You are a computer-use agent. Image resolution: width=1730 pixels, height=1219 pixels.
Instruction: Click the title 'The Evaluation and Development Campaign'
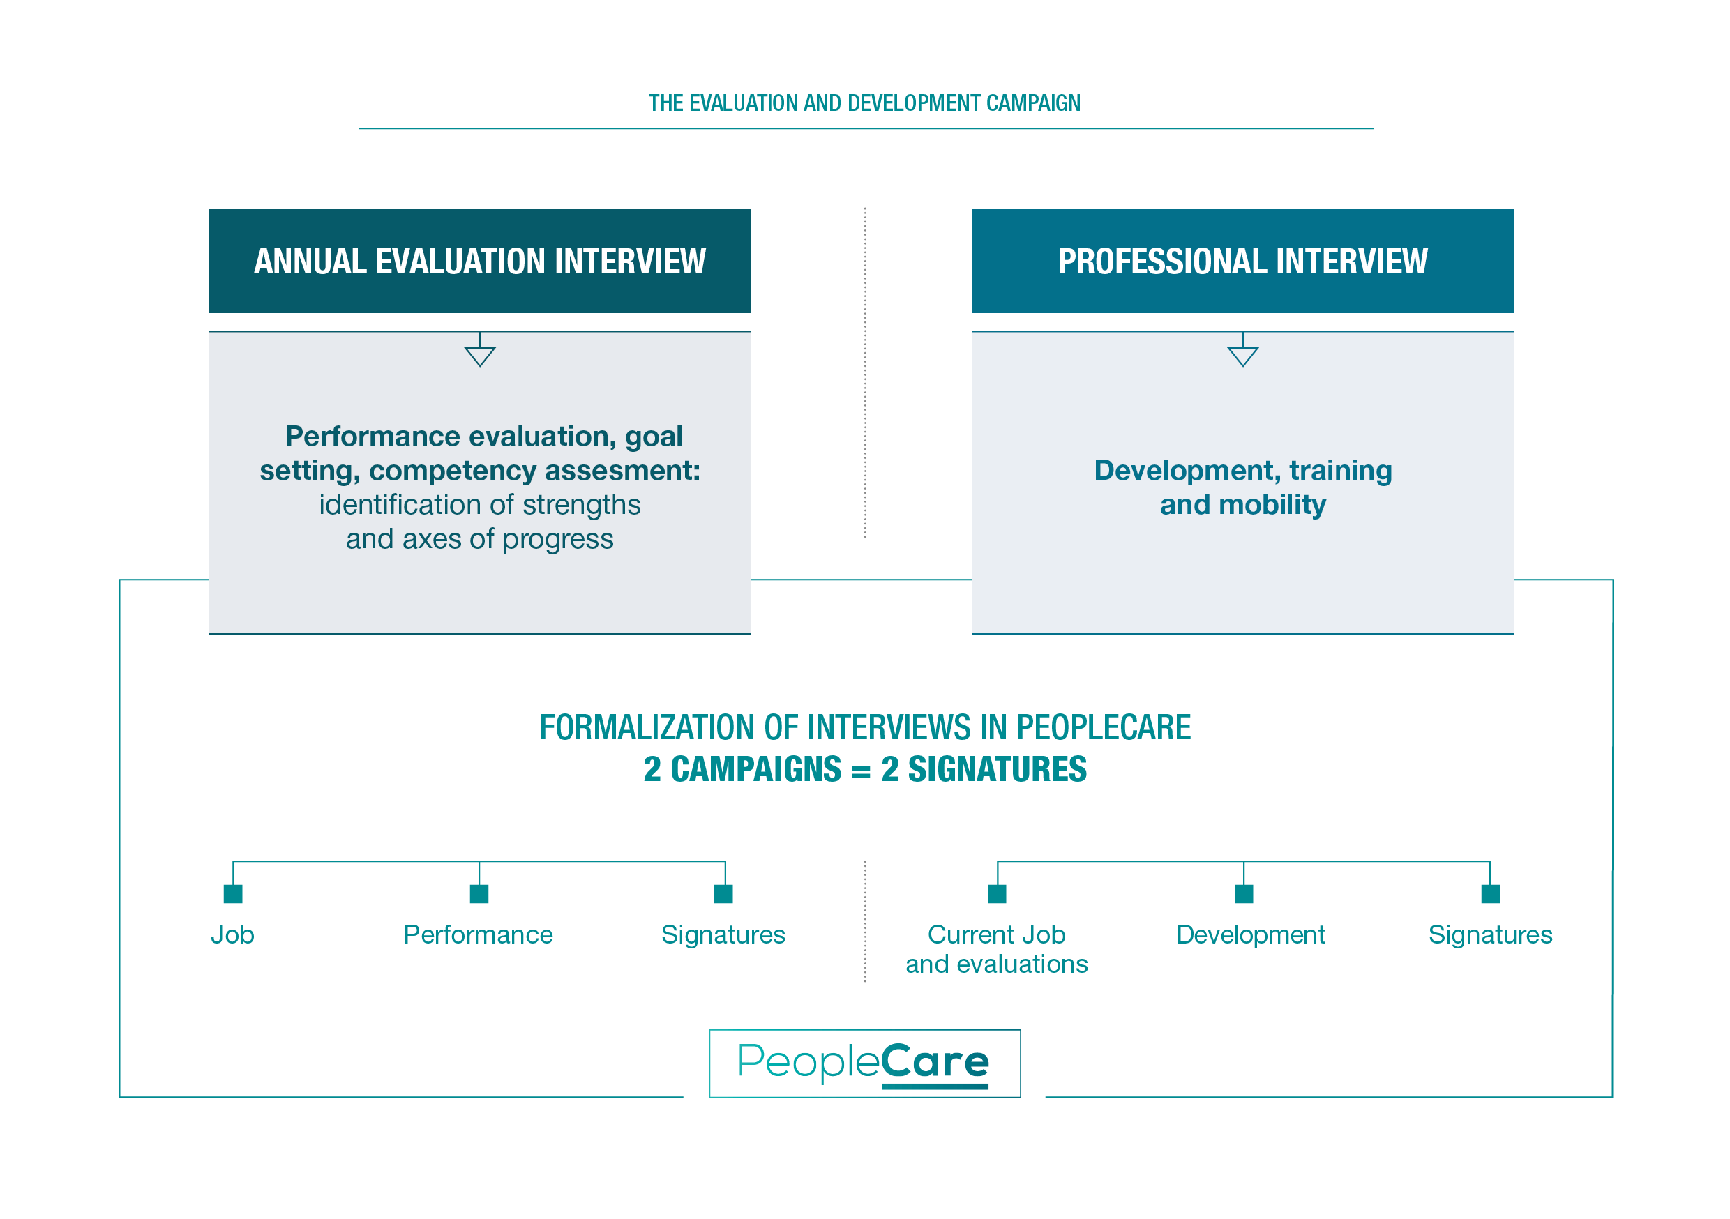coord(864,103)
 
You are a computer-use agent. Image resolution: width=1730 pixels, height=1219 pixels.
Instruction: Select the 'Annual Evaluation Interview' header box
coord(479,261)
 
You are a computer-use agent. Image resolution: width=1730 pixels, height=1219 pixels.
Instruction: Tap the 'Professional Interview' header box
coord(1242,261)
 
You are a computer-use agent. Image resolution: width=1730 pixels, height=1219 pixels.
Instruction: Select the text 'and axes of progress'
coord(479,540)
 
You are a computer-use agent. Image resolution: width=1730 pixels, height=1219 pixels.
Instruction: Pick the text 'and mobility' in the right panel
coord(1242,505)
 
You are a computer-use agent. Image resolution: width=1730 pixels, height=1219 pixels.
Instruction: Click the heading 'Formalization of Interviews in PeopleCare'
coord(864,728)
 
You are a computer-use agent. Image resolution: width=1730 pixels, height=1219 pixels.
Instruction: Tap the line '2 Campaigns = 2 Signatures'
coord(864,770)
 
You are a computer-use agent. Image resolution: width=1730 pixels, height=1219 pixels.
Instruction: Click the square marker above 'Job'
coord(233,893)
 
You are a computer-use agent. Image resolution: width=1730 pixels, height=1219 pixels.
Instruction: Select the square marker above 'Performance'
coord(479,893)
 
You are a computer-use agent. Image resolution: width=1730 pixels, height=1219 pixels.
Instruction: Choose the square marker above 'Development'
coord(1244,893)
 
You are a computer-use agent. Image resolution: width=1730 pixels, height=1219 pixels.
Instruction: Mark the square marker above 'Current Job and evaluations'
coord(997,893)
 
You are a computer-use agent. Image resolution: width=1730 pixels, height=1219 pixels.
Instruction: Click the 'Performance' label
coord(479,935)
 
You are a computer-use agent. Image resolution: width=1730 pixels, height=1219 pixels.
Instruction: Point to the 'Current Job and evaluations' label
coord(996,949)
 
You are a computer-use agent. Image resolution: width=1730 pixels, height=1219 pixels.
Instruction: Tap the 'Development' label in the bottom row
coord(1251,935)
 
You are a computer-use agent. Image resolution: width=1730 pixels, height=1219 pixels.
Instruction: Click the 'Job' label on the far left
coord(232,935)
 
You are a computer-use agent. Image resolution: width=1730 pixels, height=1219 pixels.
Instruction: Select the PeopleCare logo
coord(864,1063)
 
